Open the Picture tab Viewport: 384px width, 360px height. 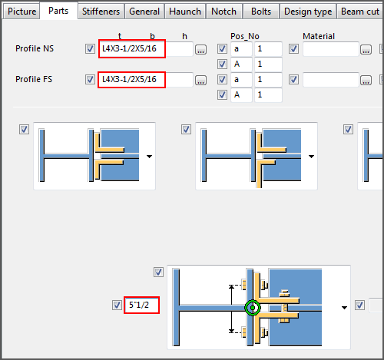[x=22, y=12]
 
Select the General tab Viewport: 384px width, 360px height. [x=144, y=12]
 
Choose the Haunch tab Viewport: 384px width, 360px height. [x=185, y=12]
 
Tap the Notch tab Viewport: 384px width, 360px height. [x=223, y=12]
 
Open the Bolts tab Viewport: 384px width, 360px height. [x=260, y=12]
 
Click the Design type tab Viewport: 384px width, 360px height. [x=307, y=12]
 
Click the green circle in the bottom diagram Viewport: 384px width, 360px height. [x=252, y=309]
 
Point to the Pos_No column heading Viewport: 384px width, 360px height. [x=245, y=36]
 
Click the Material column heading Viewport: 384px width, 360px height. [x=319, y=36]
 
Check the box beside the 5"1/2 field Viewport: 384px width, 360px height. [x=117, y=306]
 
